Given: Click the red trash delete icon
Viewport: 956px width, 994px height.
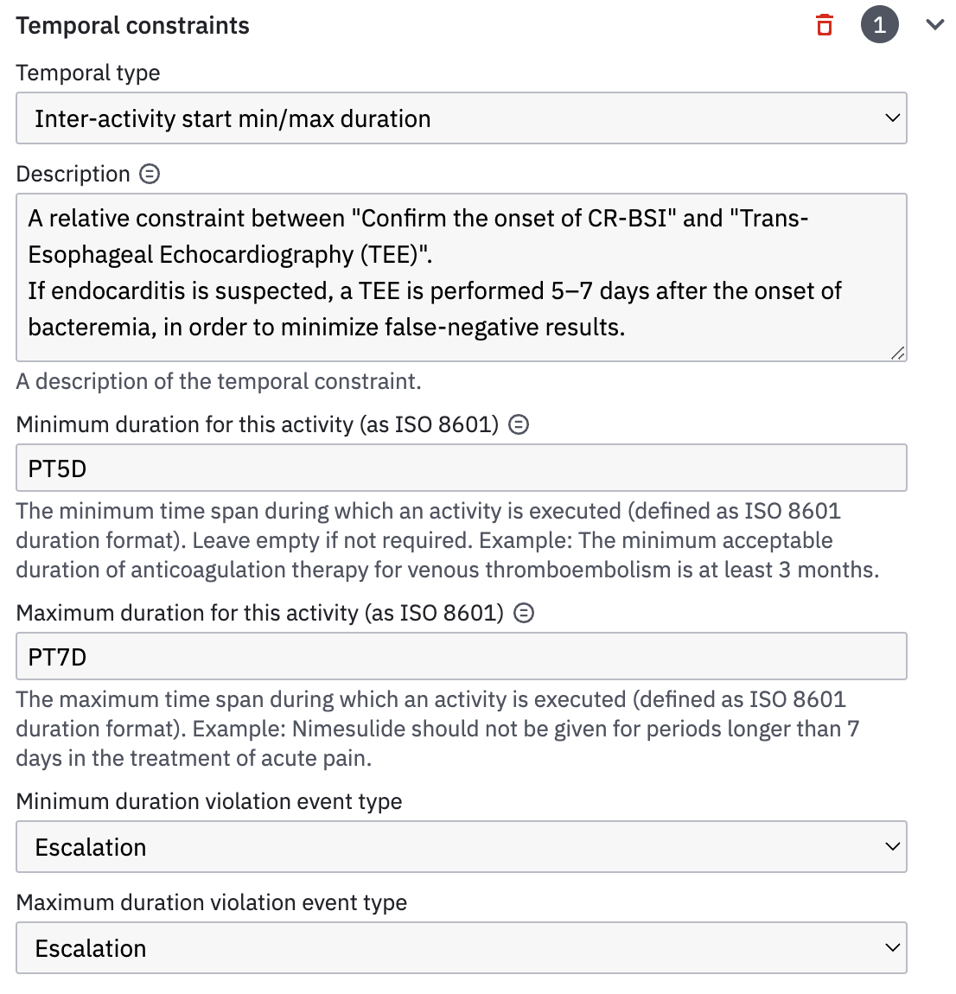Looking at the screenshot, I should tap(825, 25).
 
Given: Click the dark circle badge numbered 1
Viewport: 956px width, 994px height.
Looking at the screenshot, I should tap(879, 25).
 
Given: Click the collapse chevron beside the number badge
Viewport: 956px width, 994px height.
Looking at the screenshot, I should tap(934, 25).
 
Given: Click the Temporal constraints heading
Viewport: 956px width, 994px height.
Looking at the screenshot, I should tap(132, 26).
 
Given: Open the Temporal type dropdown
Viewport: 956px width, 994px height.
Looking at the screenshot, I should tap(461, 118).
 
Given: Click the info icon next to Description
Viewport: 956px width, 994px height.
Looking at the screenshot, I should tap(150, 174).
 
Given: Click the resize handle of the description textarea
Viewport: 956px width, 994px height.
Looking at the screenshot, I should tap(898, 353).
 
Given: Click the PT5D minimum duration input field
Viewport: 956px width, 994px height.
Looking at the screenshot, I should tap(461, 468).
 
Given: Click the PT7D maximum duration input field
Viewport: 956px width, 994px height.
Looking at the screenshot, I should tap(461, 657).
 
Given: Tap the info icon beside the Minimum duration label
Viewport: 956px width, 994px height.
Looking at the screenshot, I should tap(519, 424).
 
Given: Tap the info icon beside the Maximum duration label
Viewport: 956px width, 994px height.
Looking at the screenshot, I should tap(524, 613).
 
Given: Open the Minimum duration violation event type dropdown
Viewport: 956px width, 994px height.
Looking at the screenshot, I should tap(461, 847).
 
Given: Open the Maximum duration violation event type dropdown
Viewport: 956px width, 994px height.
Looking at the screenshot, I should tap(461, 948).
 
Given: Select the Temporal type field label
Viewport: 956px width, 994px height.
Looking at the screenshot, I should tap(88, 73).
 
